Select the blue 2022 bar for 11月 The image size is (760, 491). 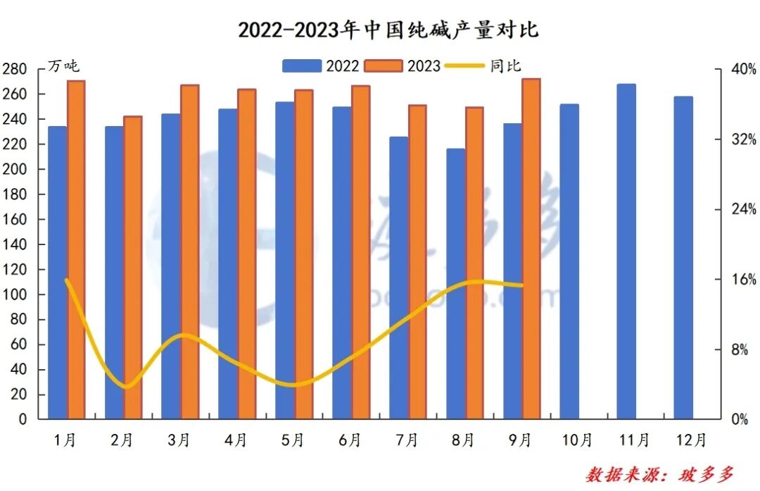point(626,251)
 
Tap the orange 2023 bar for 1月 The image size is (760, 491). point(76,250)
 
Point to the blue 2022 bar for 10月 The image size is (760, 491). point(569,261)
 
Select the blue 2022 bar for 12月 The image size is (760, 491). point(683,258)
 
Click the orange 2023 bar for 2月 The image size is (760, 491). point(133,268)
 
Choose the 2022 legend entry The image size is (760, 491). point(321,66)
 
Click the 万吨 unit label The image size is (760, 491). point(63,66)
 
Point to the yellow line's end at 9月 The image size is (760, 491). point(522,285)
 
